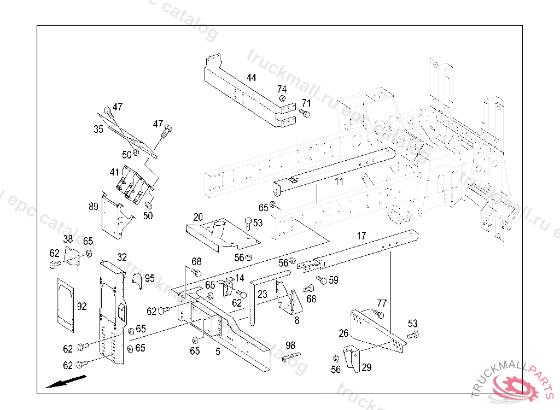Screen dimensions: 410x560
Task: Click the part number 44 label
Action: click(x=251, y=78)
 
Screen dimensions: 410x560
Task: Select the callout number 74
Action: click(x=282, y=89)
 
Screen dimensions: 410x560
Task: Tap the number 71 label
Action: click(x=306, y=103)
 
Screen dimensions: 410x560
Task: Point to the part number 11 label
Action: click(x=339, y=182)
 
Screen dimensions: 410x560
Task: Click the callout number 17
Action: click(x=361, y=236)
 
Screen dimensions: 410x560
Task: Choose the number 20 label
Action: click(x=197, y=217)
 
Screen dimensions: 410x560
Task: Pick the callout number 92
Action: click(x=82, y=307)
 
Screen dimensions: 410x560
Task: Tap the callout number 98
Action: click(x=290, y=345)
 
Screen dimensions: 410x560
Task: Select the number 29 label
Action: click(x=366, y=367)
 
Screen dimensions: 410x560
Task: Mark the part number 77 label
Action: click(x=382, y=303)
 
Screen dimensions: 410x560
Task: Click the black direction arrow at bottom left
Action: click(x=65, y=381)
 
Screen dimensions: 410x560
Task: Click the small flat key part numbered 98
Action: click(x=291, y=358)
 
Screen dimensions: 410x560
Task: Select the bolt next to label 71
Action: click(x=305, y=113)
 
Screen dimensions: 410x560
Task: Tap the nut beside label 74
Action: click(x=281, y=99)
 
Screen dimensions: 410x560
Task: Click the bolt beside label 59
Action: click(x=322, y=280)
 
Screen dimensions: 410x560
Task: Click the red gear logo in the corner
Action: click(x=514, y=386)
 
